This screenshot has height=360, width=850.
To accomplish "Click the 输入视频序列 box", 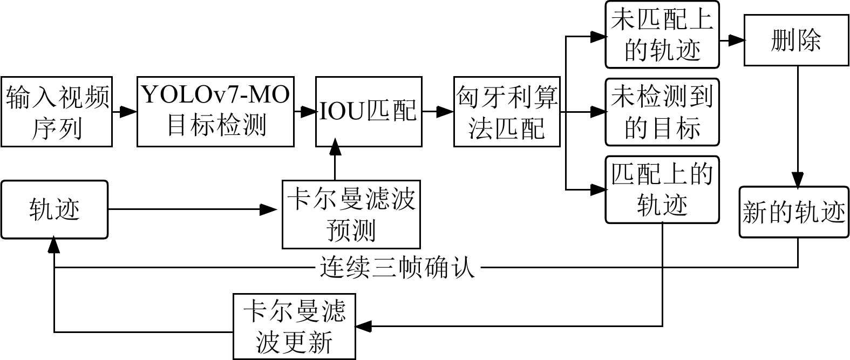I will click(57, 112).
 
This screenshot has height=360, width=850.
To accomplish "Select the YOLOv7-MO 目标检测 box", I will click(216, 112).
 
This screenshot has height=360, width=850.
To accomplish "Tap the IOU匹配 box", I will click(369, 112).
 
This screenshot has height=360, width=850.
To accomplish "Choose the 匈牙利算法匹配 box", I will click(507, 112).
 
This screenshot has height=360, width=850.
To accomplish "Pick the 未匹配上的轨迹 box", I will click(662, 35).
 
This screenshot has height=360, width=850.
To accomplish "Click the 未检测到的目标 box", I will click(662, 112).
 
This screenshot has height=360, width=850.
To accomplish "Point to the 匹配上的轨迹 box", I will click(662, 189).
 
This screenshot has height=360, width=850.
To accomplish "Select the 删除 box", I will click(796, 40).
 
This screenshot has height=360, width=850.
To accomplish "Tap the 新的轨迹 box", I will click(794, 212).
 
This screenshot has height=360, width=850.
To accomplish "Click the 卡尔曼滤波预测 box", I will click(351, 215).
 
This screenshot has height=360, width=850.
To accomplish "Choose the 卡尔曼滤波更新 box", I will click(295, 327).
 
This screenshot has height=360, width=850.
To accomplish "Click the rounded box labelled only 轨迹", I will click(55, 209).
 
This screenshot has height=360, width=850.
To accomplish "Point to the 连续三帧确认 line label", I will click(397, 267).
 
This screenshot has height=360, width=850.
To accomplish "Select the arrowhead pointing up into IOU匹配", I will click(335, 146).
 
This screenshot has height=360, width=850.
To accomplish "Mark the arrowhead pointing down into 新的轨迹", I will click(798, 180).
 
